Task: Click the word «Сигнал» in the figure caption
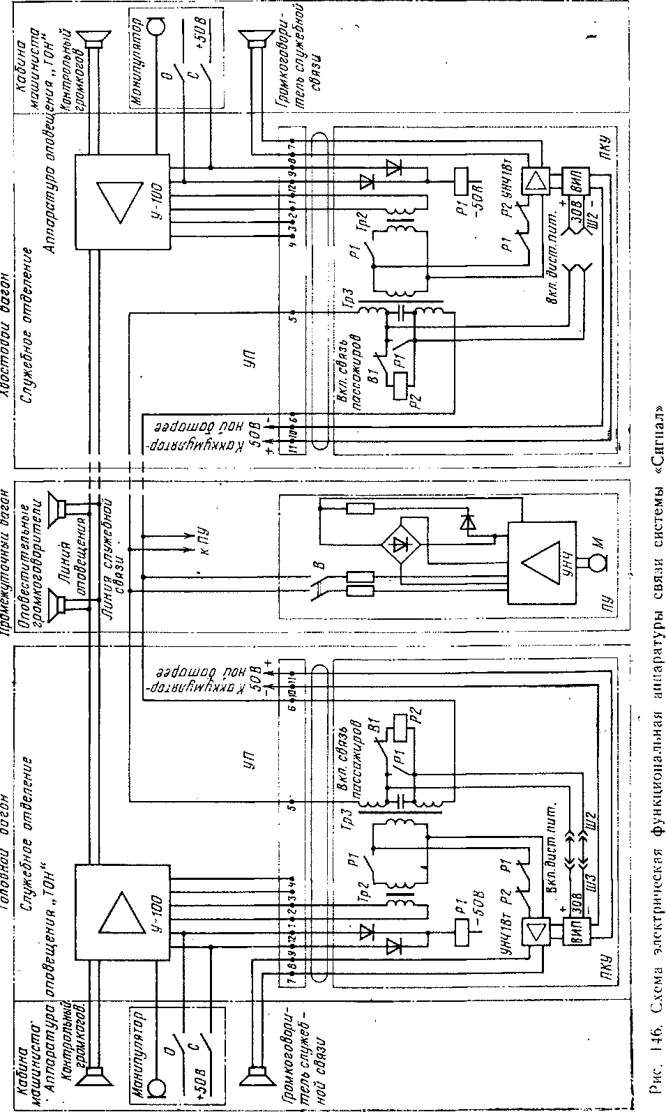point(655,439)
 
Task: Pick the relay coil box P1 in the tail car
point(461,181)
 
